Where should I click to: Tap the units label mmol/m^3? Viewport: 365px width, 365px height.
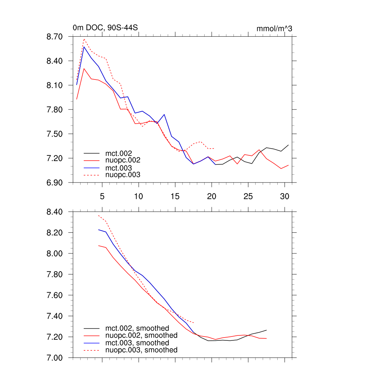(274, 29)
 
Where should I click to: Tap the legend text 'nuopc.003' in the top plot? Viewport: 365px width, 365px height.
(123, 175)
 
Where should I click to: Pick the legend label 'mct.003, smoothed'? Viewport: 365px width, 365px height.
(137, 343)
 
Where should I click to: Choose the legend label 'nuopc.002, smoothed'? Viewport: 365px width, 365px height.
(141, 335)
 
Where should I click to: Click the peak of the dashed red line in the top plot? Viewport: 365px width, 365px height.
(84, 39)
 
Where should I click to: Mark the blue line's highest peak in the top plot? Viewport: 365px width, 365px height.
(84, 47)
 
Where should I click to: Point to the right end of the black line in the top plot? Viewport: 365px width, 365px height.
(288, 145)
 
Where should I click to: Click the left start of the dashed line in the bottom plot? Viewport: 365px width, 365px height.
(98, 215)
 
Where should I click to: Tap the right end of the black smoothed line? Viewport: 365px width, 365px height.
(266, 330)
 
